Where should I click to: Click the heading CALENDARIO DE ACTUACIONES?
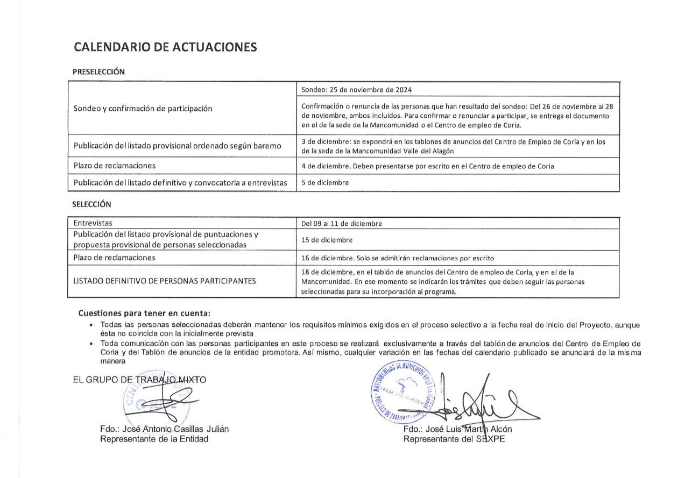(x=165, y=47)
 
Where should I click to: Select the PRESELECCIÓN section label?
(x=98, y=72)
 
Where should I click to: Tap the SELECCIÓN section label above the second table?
(x=91, y=204)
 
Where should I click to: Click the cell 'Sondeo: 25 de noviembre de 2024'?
(x=357, y=90)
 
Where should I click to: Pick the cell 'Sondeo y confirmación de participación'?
(x=143, y=109)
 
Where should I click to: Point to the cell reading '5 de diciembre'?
(x=325, y=183)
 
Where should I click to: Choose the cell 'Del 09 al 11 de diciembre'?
(x=342, y=224)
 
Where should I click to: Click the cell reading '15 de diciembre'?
(x=327, y=240)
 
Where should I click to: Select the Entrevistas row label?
(x=93, y=223)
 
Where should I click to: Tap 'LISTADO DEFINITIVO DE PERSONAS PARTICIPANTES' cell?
(x=165, y=281)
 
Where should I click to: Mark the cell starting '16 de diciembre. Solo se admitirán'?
(x=398, y=258)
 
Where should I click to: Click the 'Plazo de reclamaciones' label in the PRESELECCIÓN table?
(x=115, y=166)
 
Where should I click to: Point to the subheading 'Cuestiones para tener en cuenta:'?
(x=144, y=313)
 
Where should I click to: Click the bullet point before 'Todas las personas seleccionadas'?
(x=92, y=325)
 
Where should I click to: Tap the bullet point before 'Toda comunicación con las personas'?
(x=92, y=344)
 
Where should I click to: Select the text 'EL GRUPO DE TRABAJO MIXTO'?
(x=139, y=380)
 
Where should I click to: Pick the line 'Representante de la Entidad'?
(x=154, y=439)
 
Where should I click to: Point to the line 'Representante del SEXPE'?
(x=454, y=439)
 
